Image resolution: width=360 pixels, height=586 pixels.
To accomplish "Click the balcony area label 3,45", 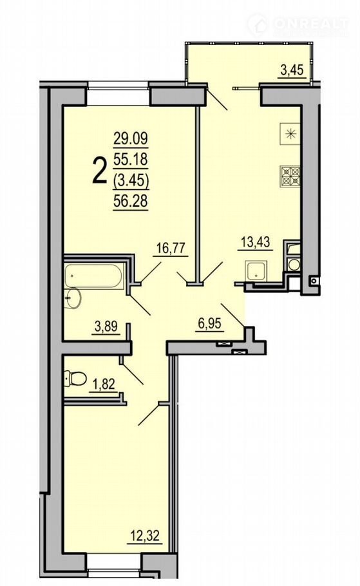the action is (291, 70).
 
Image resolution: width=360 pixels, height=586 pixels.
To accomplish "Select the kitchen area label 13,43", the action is (255, 241).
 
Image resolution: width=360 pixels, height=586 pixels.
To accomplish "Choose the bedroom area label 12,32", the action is (146, 536).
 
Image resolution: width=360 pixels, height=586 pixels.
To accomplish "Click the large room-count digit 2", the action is (99, 171).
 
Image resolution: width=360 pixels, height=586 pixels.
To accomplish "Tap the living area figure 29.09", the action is (131, 138).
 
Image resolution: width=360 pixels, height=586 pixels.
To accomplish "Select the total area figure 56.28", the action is (131, 201).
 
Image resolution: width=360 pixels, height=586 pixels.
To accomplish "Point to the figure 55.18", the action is (131, 160).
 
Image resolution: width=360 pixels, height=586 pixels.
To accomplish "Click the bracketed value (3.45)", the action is (131, 180).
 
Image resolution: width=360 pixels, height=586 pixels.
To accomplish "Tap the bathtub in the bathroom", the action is (93, 276).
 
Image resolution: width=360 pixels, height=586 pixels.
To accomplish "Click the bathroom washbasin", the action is (73, 299).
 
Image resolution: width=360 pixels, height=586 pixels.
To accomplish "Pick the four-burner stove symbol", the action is (290, 176).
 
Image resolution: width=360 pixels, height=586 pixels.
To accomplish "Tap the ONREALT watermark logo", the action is (298, 24).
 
